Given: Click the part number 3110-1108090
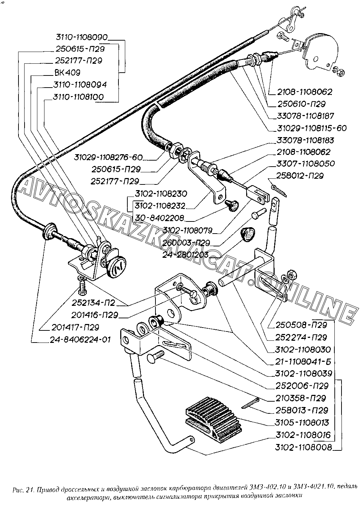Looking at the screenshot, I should tap(81, 37).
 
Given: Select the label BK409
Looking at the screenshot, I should tap(67, 72).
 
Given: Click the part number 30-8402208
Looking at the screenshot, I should tap(162, 218).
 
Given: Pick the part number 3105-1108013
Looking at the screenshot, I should tap(302, 423).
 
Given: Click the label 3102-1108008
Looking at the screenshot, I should tap(303, 447).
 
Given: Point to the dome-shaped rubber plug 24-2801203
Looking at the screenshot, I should tap(248, 234).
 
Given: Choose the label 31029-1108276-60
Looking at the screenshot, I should tap(108, 157).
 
